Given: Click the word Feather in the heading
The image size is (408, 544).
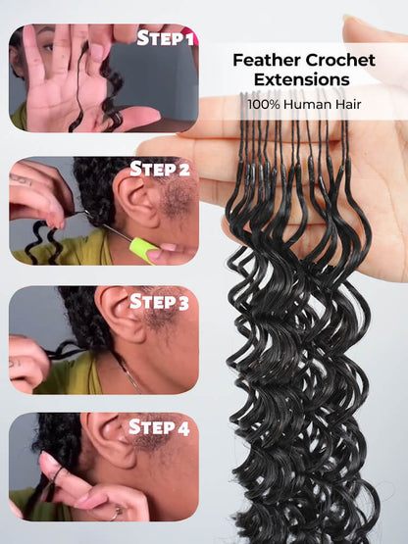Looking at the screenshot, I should tap(268, 60).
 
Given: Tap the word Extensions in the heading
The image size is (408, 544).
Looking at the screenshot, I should tap(303, 80).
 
